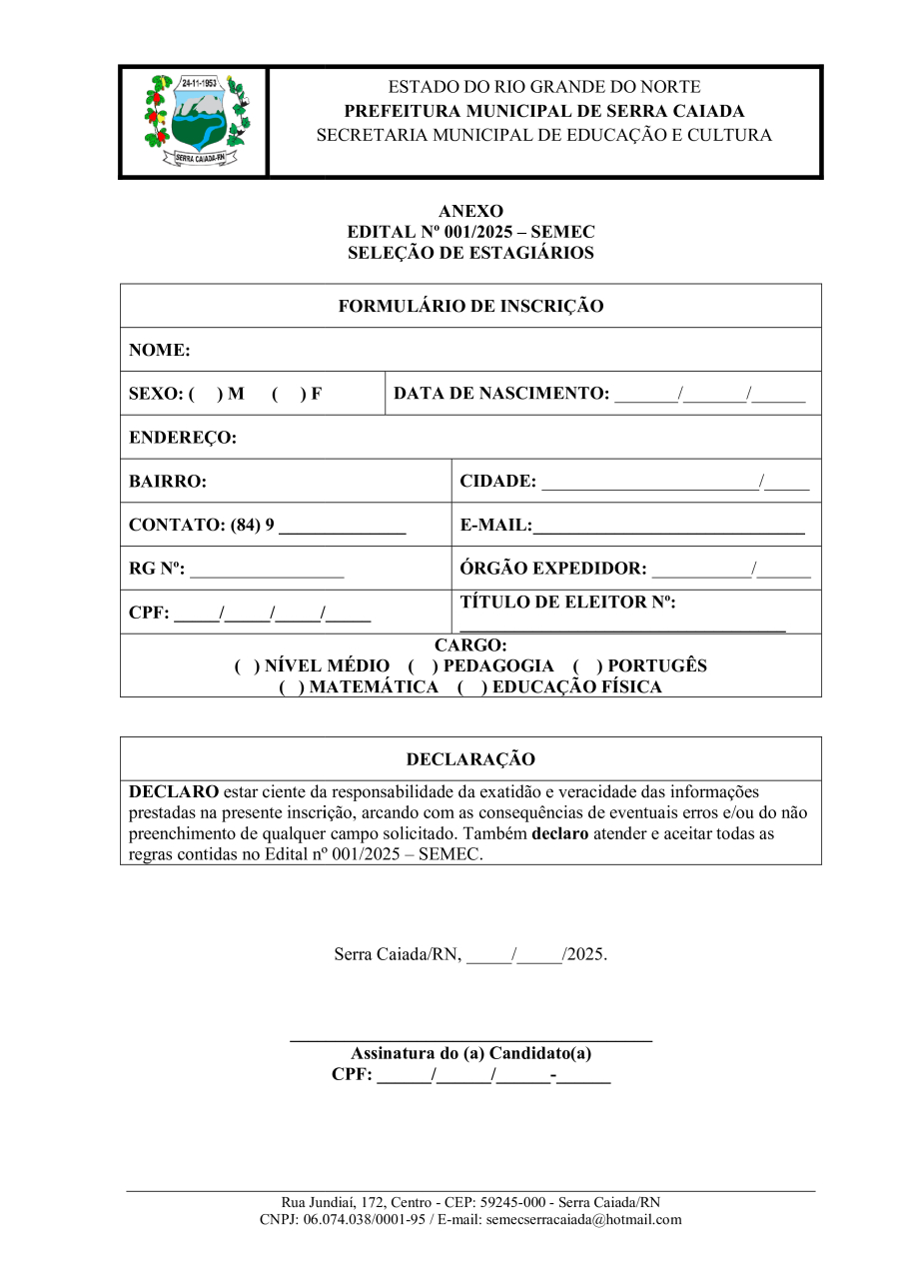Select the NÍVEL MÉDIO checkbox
pos(247,666)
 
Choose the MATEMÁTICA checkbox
pos(292,687)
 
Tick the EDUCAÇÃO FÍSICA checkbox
pos(471,687)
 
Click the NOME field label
pos(160,351)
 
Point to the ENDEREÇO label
pos(183,438)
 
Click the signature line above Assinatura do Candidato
pos(470,1040)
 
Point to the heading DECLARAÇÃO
pos(470,759)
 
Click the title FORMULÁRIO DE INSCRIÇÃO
pos(470,307)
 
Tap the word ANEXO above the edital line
pos(470,211)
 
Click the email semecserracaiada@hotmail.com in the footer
pos(583,1219)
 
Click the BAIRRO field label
pos(168,482)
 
